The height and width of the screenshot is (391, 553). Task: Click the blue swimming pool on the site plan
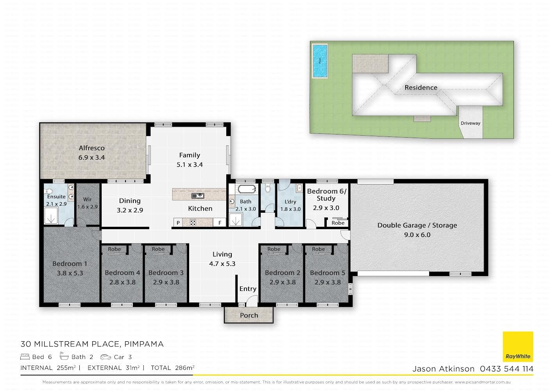tap(320, 61)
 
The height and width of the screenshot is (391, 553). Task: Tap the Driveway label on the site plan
tap(470, 123)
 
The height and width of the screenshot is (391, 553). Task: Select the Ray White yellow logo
tap(518, 346)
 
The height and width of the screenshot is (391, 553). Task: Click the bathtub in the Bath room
tap(247, 189)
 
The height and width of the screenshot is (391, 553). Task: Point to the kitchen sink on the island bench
tap(198, 196)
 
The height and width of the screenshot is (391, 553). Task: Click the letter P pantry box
tap(178, 222)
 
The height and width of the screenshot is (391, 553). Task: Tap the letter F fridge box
tap(220, 222)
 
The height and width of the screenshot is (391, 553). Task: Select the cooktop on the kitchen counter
tap(193, 222)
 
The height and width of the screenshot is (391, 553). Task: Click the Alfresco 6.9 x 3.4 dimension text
tap(91, 157)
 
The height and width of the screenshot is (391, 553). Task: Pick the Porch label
tap(249, 316)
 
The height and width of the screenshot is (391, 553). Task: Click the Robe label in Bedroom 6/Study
tap(338, 223)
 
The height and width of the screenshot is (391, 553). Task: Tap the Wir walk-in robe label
tap(88, 199)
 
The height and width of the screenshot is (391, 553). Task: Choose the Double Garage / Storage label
tap(417, 225)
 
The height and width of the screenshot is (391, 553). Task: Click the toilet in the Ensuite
tap(48, 191)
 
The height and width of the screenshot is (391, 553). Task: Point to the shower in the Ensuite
tap(51, 215)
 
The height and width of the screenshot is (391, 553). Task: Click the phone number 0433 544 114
tap(506, 369)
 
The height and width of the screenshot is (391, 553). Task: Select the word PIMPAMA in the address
tap(144, 344)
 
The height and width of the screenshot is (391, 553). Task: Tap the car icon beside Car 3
tap(106, 357)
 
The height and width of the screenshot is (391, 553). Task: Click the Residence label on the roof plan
tap(421, 88)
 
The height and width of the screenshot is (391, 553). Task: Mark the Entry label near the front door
tap(248, 289)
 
